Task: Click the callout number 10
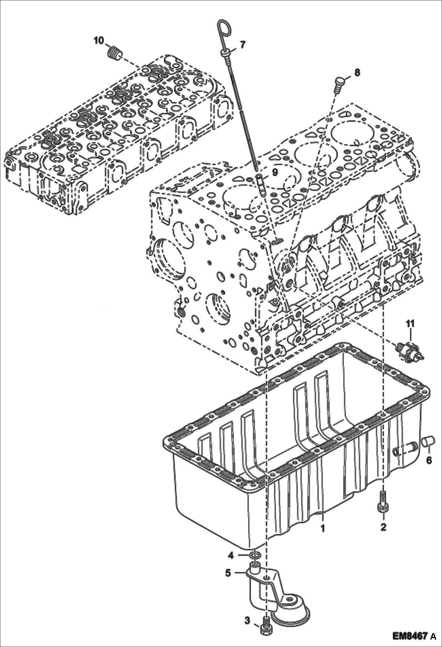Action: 99,40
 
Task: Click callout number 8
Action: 357,72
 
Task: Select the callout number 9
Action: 274,172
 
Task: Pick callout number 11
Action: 410,323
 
